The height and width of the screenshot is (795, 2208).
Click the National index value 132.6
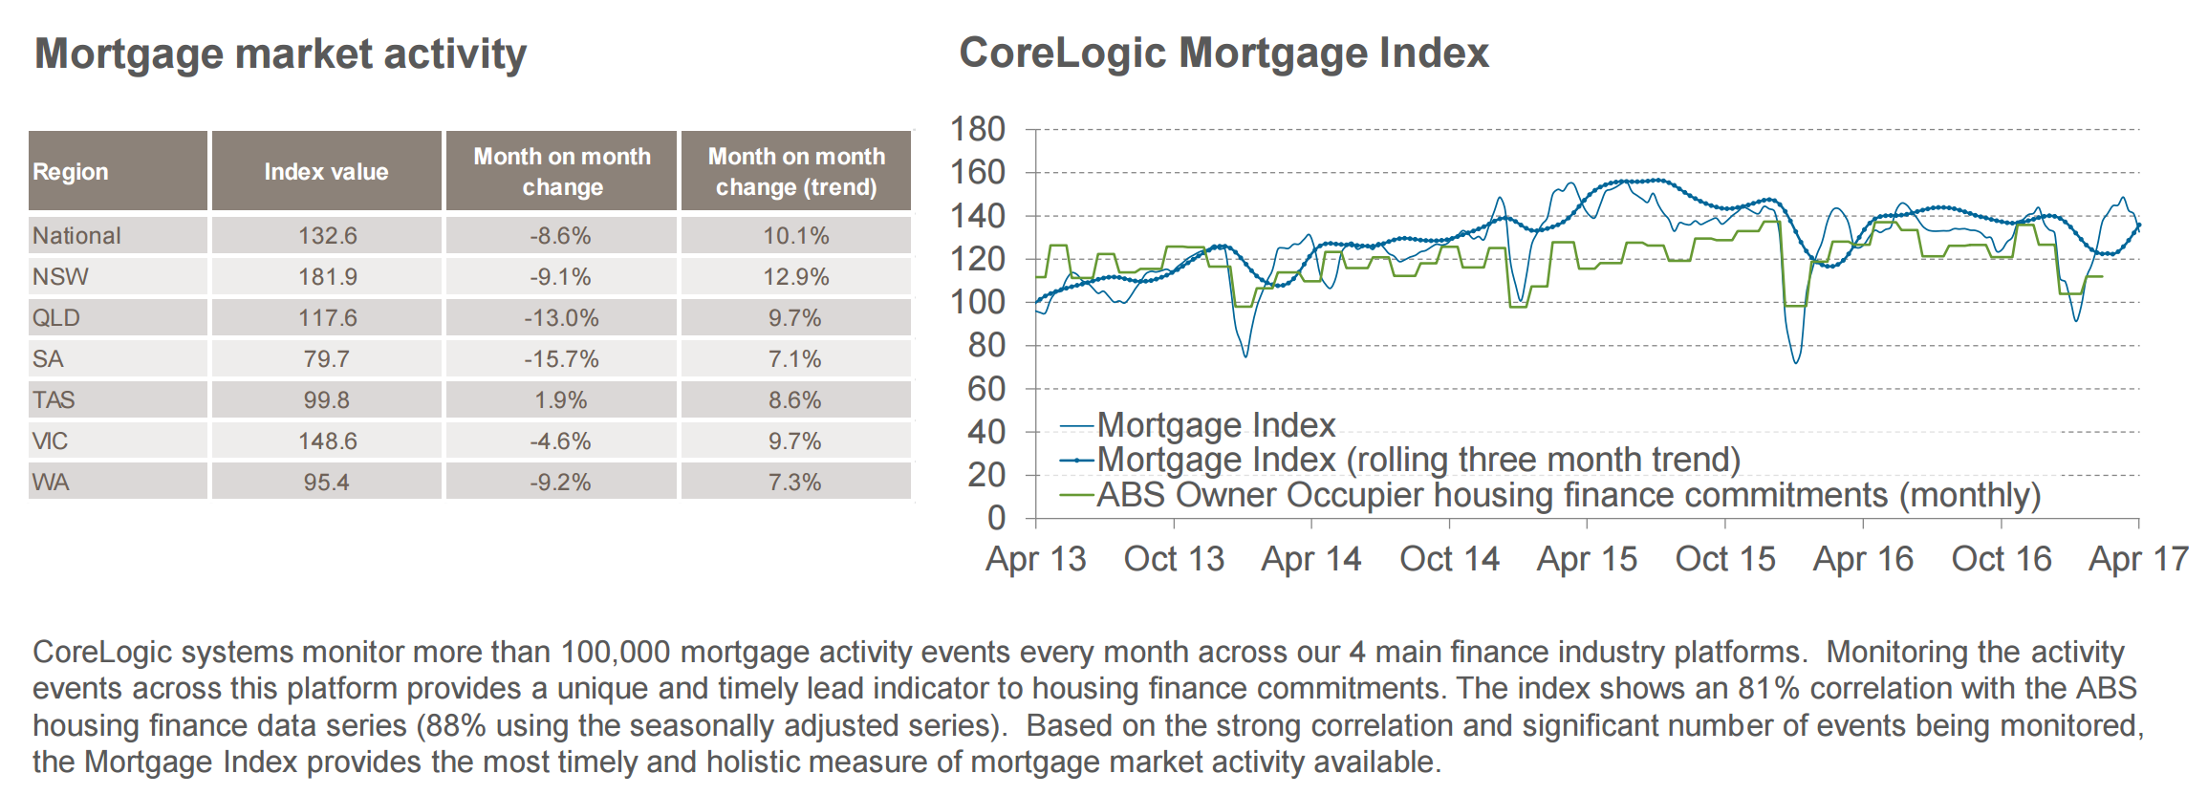[x=327, y=236]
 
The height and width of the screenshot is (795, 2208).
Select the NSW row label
[x=60, y=277]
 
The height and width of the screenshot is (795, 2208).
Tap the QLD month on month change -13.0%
[x=561, y=318]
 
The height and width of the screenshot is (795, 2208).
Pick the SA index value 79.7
[x=327, y=359]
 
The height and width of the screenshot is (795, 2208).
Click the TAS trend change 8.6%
[x=794, y=400]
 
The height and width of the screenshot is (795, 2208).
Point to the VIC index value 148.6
[x=327, y=441]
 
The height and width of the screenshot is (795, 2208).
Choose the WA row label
[x=51, y=483]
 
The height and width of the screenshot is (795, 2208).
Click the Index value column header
[x=326, y=172]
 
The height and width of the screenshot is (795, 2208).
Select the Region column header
[x=71, y=172]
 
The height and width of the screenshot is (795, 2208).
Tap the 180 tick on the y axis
[x=977, y=129]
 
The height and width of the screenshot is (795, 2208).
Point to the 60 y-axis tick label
[x=986, y=389]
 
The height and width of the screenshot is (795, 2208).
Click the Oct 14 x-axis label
[x=1449, y=559]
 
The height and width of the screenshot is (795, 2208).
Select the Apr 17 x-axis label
[x=2138, y=559]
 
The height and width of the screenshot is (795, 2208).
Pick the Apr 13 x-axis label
[x=1036, y=559]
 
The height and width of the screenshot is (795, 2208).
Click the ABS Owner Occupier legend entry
[x=1568, y=495]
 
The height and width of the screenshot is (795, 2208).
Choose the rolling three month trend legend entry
[x=1418, y=460]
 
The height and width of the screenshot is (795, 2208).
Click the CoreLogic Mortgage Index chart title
[x=1223, y=53]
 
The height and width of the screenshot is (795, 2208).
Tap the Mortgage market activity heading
[x=280, y=54]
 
